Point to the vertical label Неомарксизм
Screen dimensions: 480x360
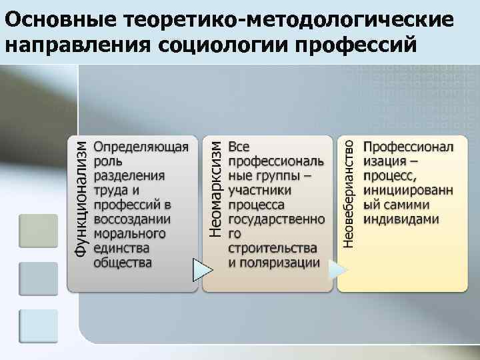coord(214,190)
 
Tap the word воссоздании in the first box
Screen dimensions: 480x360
coord(132,219)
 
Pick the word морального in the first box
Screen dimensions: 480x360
coord(129,233)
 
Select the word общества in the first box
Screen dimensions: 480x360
coord(123,263)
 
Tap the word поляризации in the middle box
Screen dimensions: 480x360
coord(280,263)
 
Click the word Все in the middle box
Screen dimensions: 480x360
coord(239,147)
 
